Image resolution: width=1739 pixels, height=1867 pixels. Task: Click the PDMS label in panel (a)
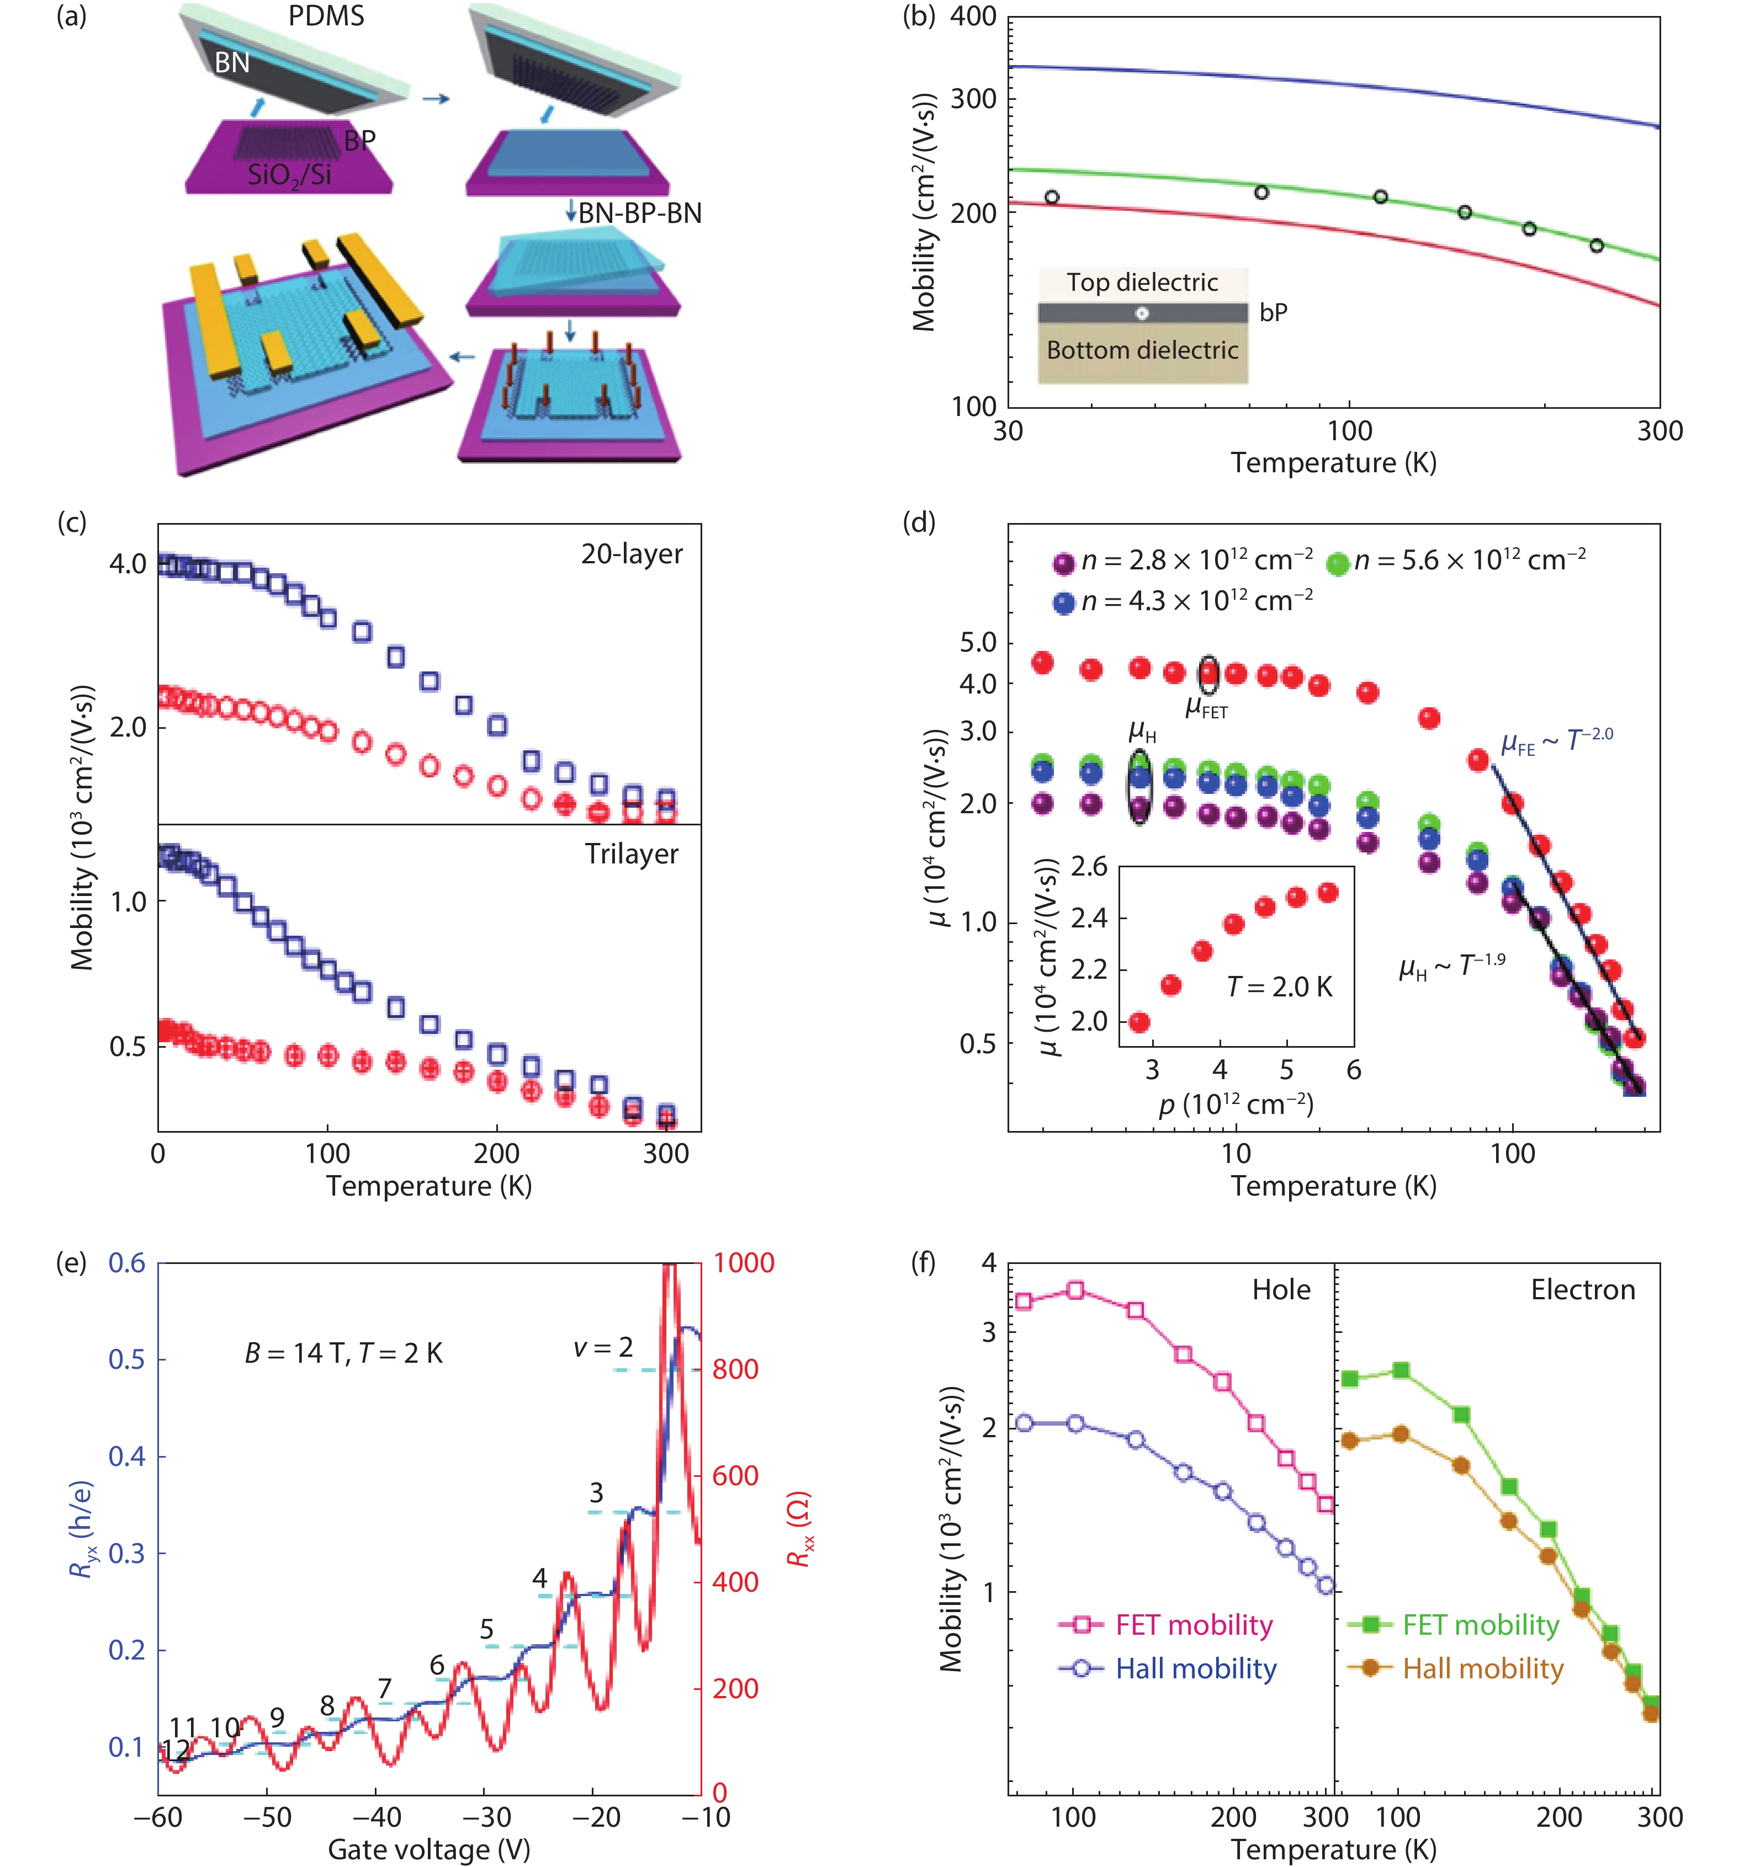(326, 16)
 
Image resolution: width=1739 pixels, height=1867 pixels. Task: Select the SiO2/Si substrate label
(289, 175)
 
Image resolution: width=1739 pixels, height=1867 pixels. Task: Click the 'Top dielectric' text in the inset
(1142, 282)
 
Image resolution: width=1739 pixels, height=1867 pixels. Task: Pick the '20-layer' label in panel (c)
(632, 554)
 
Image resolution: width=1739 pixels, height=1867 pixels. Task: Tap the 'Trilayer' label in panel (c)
(632, 854)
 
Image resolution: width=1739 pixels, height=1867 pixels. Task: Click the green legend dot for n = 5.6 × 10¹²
(1337, 563)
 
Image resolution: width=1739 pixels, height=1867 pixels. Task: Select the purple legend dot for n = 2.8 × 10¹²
(1063, 563)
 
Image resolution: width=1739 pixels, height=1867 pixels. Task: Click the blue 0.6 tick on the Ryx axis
(127, 1263)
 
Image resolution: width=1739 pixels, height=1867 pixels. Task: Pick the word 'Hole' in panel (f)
(1281, 1289)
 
